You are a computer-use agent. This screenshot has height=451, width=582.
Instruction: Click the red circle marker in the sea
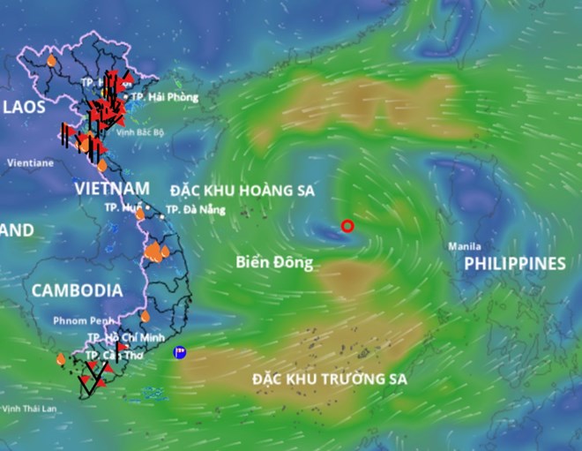coord(347,226)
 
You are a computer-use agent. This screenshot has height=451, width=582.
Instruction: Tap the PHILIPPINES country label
coord(515,264)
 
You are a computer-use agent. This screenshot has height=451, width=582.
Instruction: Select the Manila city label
coord(465,245)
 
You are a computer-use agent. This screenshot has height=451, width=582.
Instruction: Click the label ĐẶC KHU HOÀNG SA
coord(242,191)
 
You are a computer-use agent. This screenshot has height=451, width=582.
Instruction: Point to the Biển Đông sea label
coord(274,262)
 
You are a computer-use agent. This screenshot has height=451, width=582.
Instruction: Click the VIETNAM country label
coord(112,189)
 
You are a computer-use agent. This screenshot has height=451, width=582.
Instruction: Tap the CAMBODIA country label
coord(76,289)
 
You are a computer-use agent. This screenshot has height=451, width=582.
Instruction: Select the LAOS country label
coord(25,108)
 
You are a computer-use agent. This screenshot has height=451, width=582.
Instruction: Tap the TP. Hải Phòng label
coord(165,96)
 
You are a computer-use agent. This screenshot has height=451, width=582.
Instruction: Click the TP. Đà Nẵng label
coord(195,210)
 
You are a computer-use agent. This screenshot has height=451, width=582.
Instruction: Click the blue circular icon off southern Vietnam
coord(180,352)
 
